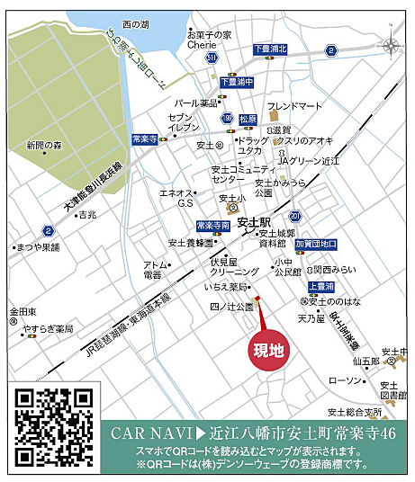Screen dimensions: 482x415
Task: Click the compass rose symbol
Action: tap(390, 47)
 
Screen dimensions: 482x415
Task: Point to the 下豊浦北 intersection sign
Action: tap(269, 50)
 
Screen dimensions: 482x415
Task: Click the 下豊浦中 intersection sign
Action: tap(236, 81)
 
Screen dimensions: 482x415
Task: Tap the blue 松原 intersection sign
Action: tap(248, 118)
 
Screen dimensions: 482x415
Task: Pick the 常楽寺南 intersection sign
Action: tap(213, 226)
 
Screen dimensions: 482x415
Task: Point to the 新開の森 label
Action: tap(44, 145)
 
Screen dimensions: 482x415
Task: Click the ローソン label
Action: tap(344, 381)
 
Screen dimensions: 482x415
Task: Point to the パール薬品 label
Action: tap(195, 103)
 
